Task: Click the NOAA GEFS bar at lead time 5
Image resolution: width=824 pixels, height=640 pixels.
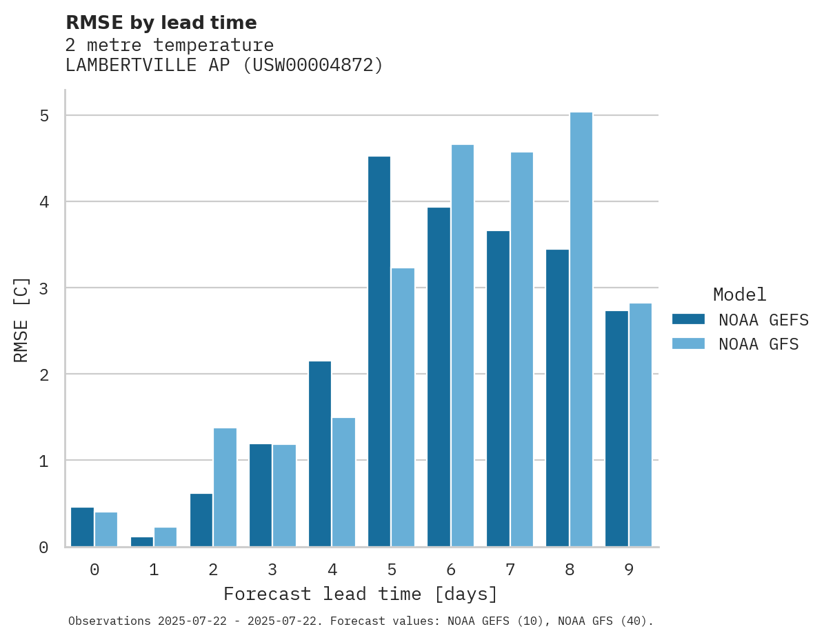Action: coord(379,352)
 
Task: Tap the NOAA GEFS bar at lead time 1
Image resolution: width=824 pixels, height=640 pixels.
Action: coord(142,542)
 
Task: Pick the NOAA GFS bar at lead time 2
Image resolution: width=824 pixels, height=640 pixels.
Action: coord(225,488)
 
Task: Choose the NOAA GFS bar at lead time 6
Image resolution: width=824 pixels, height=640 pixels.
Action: coord(462,346)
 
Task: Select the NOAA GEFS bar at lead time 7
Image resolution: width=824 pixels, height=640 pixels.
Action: coord(498,389)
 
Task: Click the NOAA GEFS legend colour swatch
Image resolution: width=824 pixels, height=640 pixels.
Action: coord(688,319)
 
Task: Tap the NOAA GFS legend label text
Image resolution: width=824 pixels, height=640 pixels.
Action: coord(758,344)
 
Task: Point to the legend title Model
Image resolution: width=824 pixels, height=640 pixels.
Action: coord(739,295)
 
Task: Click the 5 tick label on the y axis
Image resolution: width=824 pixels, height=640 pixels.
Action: coord(44,116)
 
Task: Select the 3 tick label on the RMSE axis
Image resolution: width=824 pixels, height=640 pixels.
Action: coord(44,288)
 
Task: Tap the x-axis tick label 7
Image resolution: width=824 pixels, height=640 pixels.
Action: coord(510,570)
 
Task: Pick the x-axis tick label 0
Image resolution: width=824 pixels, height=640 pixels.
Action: coord(94,570)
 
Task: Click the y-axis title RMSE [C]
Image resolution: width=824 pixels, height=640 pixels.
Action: coord(21,319)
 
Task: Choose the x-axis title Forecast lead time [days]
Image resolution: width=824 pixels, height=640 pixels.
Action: coord(360,594)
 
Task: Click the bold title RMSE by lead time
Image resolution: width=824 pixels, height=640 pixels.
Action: coord(161,23)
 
